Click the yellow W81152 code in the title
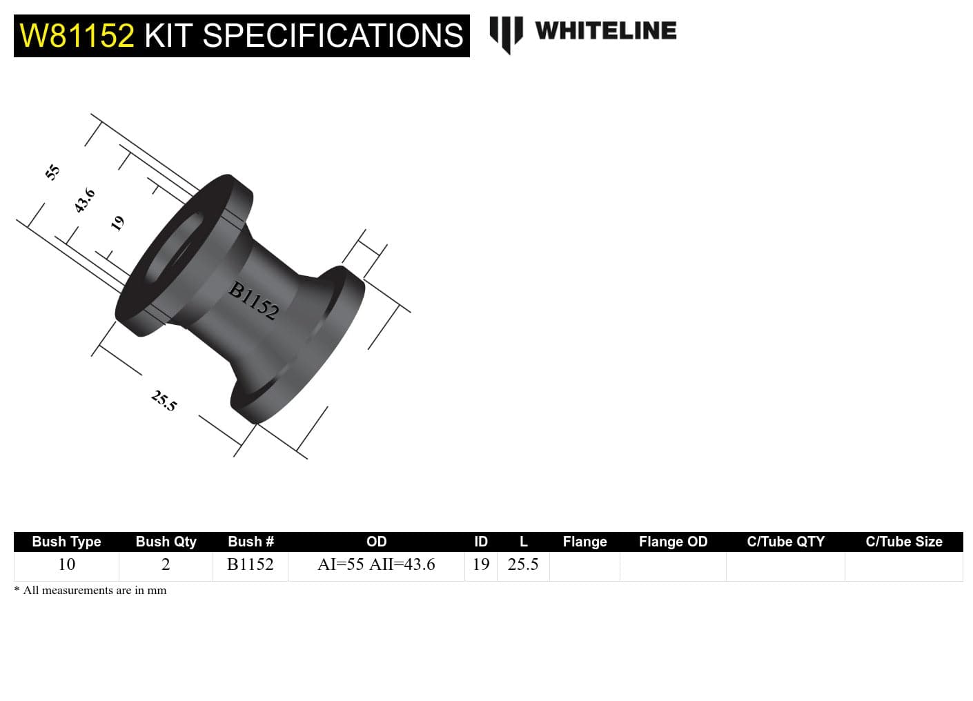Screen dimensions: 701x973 tap(77, 36)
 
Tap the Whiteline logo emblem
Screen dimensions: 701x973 tap(506, 33)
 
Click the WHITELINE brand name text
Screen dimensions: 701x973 tap(605, 31)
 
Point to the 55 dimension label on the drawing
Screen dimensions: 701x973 tap(52, 172)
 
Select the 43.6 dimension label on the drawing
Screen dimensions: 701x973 tap(85, 201)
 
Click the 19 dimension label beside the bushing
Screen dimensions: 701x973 tap(118, 223)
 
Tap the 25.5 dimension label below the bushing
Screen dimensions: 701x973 tap(164, 400)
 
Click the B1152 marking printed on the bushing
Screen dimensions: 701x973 tap(254, 301)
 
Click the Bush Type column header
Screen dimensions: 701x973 tap(66, 542)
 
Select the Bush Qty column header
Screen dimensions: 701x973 tap(166, 542)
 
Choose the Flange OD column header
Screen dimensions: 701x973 tap(673, 542)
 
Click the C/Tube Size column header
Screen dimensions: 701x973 tap(903, 542)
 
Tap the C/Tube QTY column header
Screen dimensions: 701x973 tap(785, 542)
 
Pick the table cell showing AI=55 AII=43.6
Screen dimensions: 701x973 tap(376, 564)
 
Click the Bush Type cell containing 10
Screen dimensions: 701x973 tap(66, 564)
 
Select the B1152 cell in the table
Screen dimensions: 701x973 tap(250, 564)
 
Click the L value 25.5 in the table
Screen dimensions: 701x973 tap(523, 564)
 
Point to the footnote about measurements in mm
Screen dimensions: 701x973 tap(90, 590)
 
